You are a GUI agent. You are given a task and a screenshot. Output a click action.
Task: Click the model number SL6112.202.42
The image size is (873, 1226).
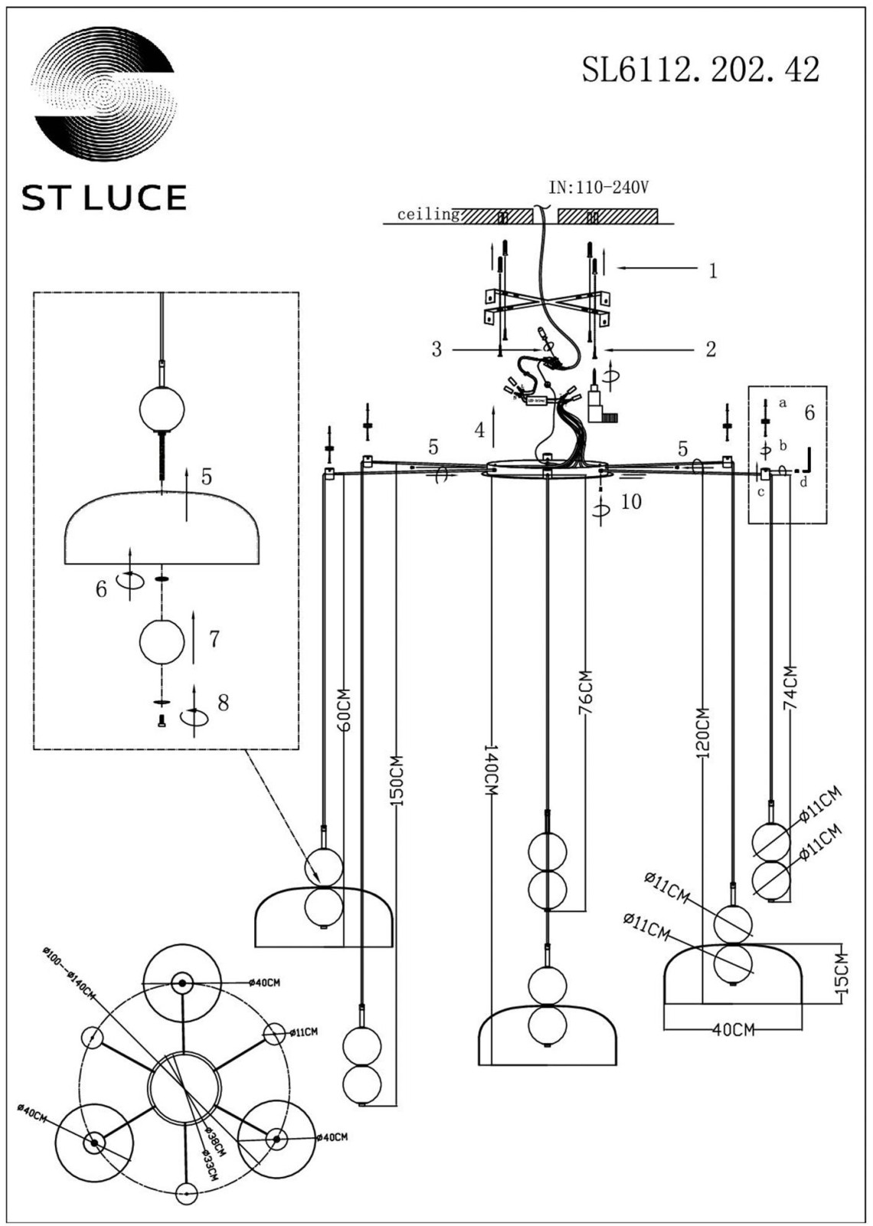700,70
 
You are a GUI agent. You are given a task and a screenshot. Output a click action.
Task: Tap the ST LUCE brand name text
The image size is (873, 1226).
104,198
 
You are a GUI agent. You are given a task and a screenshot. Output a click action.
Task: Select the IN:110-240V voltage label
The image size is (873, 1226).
599,188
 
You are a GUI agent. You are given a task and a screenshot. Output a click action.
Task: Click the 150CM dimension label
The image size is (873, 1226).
396,782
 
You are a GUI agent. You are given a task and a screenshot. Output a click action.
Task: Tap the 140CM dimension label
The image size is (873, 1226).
490,769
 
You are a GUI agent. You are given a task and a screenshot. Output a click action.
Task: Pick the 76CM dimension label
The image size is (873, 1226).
585,693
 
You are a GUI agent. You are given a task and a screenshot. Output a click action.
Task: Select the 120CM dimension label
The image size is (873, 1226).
703,733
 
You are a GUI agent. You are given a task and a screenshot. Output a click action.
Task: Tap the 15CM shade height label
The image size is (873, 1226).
842,974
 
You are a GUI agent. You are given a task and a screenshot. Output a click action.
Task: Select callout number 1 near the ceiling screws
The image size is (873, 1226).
713,270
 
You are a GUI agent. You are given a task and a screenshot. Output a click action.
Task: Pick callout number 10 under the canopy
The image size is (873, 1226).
631,502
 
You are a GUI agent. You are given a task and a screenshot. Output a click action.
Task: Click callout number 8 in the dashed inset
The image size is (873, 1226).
223,703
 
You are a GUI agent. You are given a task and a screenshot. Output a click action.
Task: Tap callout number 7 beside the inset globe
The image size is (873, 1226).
214,638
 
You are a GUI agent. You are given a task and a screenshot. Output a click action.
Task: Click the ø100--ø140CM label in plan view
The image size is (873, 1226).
70,973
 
